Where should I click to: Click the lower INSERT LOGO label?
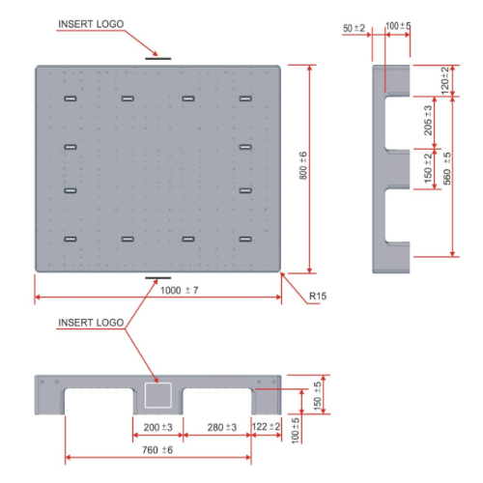(x=91, y=322)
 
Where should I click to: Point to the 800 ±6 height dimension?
(x=302, y=169)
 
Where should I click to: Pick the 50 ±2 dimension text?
(x=355, y=28)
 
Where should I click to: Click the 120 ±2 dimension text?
(x=444, y=79)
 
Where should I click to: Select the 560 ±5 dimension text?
(x=445, y=170)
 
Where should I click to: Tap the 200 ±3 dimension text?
(x=156, y=426)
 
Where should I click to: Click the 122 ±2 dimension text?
(x=266, y=426)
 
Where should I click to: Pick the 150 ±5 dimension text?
(x=318, y=391)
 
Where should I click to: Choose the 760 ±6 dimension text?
(x=157, y=450)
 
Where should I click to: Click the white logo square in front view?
(x=157, y=394)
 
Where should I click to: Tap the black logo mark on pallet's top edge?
(x=158, y=59)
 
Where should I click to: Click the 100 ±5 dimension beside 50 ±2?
(x=398, y=26)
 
